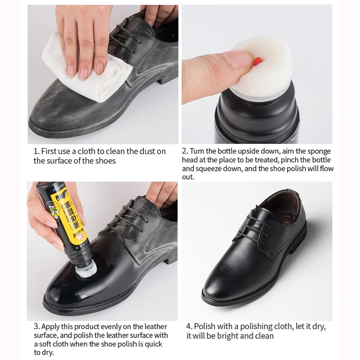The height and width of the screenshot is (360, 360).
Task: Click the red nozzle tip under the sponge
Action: pos(257,61)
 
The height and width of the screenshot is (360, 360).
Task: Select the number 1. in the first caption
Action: pos(36,152)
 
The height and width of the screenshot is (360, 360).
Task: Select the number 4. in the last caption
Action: pos(189,327)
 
